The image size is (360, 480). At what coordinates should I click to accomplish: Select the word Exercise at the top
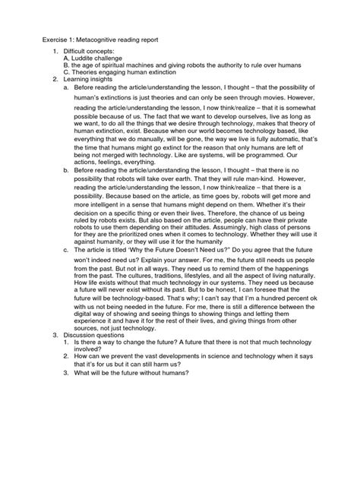(x=43, y=36)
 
